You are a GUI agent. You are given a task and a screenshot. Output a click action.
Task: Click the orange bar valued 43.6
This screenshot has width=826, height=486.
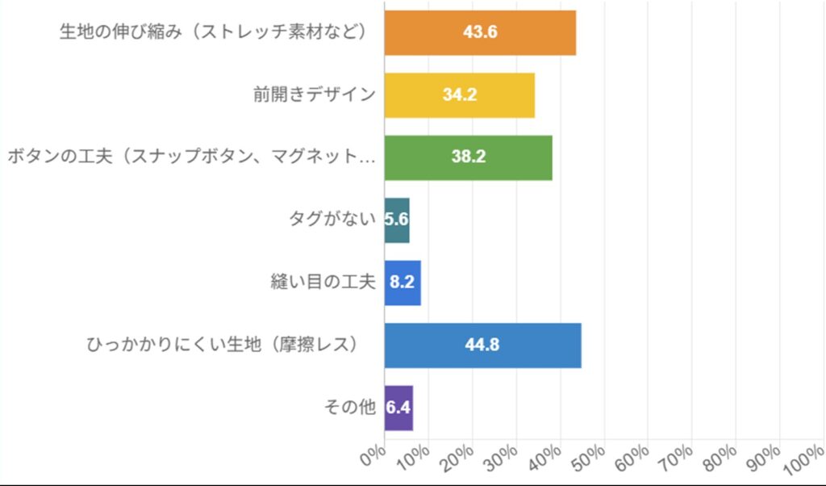pos(480,32)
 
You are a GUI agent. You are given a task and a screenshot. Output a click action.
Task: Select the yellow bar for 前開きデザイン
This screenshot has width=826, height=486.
pos(460,94)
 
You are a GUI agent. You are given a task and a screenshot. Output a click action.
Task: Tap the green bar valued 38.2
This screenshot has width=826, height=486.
pos(468,157)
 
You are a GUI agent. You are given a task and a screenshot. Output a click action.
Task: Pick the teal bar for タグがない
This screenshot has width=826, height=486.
pos(397,220)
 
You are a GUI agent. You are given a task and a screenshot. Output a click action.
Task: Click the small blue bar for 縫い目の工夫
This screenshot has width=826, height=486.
pos(403,283)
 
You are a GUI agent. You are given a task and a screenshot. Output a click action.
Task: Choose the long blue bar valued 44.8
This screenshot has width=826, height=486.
pos(482,345)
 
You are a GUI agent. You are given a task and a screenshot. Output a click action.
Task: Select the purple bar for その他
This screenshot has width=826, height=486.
pos(398,408)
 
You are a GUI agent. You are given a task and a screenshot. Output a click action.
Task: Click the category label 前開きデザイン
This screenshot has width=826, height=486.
pos(314,94)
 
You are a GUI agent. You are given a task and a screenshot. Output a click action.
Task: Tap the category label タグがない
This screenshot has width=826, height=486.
pos(332,220)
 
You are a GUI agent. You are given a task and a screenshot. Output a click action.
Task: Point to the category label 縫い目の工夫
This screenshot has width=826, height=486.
pos(323,283)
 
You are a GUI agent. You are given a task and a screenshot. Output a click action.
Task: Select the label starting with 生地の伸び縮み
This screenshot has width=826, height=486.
pos(214,32)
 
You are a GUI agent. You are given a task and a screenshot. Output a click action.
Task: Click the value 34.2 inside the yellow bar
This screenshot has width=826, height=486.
pos(460,94)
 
